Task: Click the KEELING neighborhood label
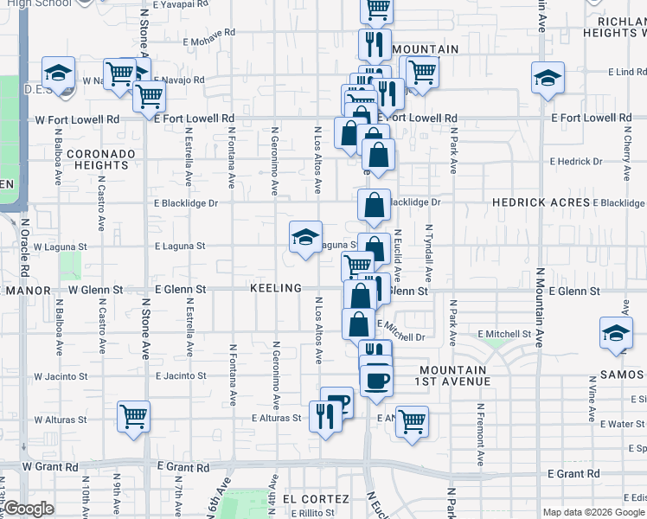(x=277, y=288)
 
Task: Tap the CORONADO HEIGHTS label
(x=102, y=159)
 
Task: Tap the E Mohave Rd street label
(x=206, y=33)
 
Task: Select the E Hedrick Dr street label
(x=576, y=162)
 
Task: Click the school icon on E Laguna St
(x=305, y=238)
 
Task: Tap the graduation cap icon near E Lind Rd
(x=548, y=79)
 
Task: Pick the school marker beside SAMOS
(x=617, y=334)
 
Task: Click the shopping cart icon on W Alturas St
(x=133, y=418)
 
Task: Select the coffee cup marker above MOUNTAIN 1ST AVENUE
(x=375, y=380)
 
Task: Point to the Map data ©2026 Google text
(x=593, y=512)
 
